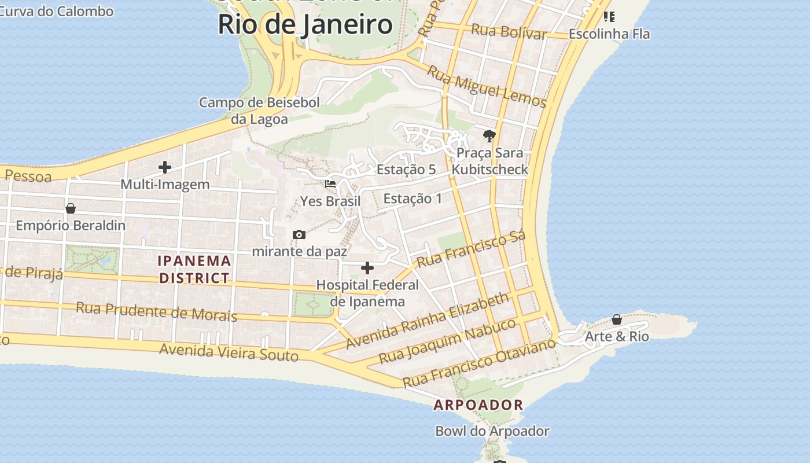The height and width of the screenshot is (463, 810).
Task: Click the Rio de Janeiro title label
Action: coord(305,25)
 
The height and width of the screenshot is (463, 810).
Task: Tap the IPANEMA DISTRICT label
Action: coord(194,270)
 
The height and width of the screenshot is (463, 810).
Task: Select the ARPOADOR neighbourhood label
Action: coord(478,405)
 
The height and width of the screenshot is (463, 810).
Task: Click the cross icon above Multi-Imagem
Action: coord(165,168)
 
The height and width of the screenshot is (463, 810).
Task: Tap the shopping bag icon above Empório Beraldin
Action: coord(71,208)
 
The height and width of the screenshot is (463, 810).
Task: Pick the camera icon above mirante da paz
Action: coord(299,234)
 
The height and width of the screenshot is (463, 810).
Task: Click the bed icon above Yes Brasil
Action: coord(330,184)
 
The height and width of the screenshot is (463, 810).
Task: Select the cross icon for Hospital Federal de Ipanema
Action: coord(367,268)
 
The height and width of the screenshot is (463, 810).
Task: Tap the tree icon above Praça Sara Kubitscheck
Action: coord(489,136)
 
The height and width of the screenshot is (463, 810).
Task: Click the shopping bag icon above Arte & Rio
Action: coord(617,319)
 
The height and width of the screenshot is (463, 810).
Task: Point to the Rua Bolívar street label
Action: coord(509,32)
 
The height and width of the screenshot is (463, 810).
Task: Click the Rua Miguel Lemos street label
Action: coord(487,86)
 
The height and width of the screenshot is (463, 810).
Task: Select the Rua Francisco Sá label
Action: coord(471,249)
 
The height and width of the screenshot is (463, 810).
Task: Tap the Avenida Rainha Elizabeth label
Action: coord(428,321)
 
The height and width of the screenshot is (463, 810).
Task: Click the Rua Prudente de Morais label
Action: coord(156,311)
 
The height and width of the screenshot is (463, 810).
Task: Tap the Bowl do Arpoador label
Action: coord(492,431)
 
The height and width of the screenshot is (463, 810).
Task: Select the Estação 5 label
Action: coord(406,170)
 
